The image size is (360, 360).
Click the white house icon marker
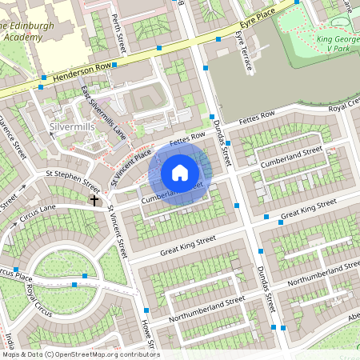[x=180, y=172]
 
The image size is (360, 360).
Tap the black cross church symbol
[x=94, y=199]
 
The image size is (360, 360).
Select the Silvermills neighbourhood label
[x=72, y=127]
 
